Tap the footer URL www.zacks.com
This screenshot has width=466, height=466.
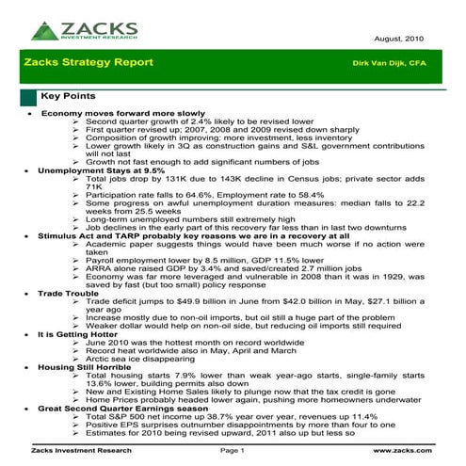click(415, 451)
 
